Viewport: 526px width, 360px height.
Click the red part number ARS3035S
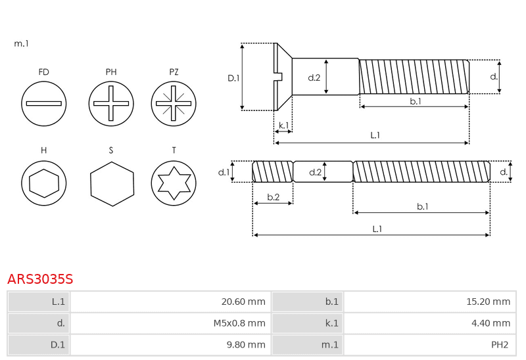coord(40,279)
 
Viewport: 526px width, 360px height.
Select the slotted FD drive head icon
coord(43,104)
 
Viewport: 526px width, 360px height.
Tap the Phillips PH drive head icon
coord(111,104)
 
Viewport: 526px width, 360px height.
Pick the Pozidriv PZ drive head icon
coord(174,104)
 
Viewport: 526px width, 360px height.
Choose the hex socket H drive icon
coord(43,183)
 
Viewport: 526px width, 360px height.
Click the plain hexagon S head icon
coord(112,184)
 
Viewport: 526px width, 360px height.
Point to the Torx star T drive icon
coord(174,183)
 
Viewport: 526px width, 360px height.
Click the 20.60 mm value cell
coord(170,302)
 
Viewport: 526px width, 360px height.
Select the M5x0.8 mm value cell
coord(170,323)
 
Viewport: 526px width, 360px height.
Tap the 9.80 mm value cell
coord(170,345)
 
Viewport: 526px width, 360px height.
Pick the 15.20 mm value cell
coord(430,302)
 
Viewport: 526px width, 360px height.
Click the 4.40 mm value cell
coord(430,323)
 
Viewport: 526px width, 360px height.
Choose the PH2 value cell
coord(430,345)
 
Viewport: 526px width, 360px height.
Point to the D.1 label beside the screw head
coord(233,78)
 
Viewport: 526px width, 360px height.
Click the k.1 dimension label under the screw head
coord(284,125)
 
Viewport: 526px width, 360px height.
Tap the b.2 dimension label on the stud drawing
coord(274,197)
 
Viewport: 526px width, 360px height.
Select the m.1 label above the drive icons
coord(22,43)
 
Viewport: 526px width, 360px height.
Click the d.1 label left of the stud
coord(224,172)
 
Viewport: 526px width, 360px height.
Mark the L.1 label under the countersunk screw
coord(375,135)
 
